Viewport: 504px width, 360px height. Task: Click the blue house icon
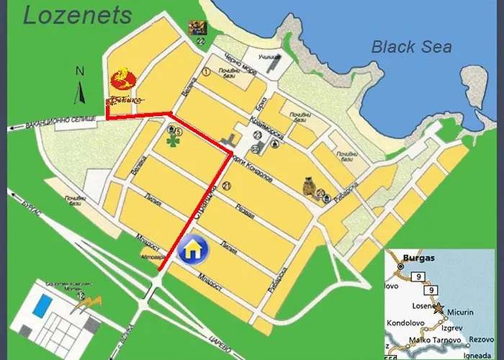[x=194, y=250]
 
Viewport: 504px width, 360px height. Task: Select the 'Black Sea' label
[x=411, y=47]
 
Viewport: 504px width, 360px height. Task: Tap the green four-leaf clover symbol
[x=173, y=142]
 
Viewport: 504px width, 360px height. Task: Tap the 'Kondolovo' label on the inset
[x=406, y=322]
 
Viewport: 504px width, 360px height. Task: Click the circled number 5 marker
[x=178, y=132]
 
